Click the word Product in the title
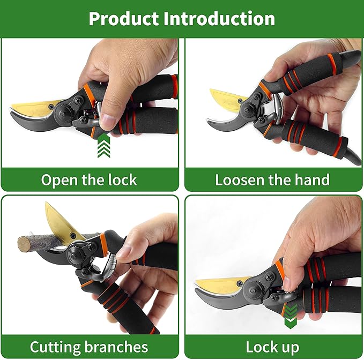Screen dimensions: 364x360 pyautogui.click(x=124, y=19)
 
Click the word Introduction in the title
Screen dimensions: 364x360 pyautogui.click(x=219, y=19)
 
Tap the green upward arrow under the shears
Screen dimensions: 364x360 pyautogui.click(x=104, y=146)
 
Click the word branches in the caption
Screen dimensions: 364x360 pyautogui.click(x=116, y=347)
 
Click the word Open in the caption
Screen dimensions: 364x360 pyautogui.click(x=59, y=181)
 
